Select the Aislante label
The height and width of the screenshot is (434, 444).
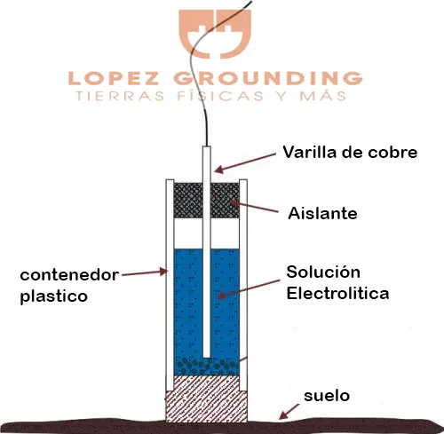tap(322, 213)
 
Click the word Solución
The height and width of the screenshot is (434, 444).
tap(323, 272)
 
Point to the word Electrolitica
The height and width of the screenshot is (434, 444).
tap(337, 294)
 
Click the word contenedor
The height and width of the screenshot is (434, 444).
tap(69, 275)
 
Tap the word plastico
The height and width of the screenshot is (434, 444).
tap(54, 296)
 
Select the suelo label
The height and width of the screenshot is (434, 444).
tap(327, 396)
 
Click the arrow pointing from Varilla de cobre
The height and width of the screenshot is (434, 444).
tap(245, 162)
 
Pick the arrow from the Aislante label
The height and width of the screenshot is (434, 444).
tap(255, 207)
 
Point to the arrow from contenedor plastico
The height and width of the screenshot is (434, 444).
tap(145, 272)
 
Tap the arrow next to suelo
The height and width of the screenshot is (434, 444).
tap(289, 412)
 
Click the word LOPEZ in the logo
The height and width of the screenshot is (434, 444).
tap(114, 78)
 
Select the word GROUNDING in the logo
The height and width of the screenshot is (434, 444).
tap(268, 78)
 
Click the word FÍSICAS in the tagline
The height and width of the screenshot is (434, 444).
tap(220, 96)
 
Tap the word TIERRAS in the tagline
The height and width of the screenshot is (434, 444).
tap(120, 97)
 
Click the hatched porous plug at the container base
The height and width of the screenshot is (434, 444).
tap(206, 398)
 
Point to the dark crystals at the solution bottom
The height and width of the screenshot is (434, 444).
tap(206, 367)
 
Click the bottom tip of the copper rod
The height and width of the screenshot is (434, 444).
tap(207, 358)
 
